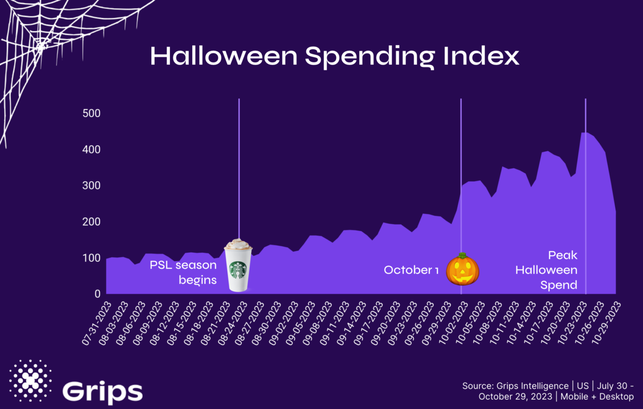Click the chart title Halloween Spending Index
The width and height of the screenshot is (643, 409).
[x=335, y=57]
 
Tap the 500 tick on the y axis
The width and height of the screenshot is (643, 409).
[x=91, y=113]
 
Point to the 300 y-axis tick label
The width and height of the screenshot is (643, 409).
[x=91, y=185]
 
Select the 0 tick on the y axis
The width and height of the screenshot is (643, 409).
[x=97, y=294]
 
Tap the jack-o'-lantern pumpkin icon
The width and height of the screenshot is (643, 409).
[x=462, y=270]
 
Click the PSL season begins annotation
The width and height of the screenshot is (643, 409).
[x=184, y=272]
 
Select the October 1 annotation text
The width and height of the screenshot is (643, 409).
[x=411, y=270]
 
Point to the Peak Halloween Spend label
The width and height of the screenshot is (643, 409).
[x=547, y=270]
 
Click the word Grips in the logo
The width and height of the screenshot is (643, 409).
[x=102, y=391]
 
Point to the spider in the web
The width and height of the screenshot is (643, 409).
[x=41, y=45]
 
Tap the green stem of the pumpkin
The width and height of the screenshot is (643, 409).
[x=462, y=256]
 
